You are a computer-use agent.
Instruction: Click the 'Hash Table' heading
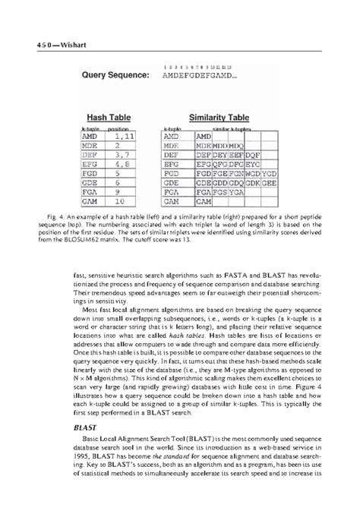coord(106,118)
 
